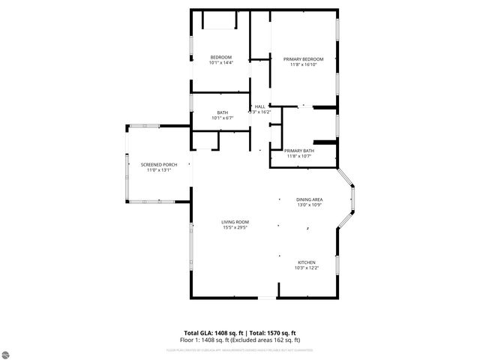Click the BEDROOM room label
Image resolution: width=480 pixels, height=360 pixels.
click(x=220, y=57)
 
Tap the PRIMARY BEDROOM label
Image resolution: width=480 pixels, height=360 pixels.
click(x=303, y=59)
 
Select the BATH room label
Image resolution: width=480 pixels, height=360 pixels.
click(x=223, y=112)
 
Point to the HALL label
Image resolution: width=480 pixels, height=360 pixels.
click(x=259, y=106)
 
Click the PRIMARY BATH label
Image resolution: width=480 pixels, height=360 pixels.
click(x=299, y=151)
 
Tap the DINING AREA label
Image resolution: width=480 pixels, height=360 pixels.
click(x=309, y=199)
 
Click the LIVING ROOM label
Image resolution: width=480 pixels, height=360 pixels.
click(x=235, y=222)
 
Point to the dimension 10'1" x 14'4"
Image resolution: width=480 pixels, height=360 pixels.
click(x=220, y=63)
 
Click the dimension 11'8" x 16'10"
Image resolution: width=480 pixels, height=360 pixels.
click(x=303, y=64)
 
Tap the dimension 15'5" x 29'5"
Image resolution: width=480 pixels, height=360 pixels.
click(x=235, y=227)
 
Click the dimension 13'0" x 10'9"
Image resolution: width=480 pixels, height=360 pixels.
click(x=309, y=204)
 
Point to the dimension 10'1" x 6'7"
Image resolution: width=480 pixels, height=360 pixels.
click(x=223, y=118)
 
